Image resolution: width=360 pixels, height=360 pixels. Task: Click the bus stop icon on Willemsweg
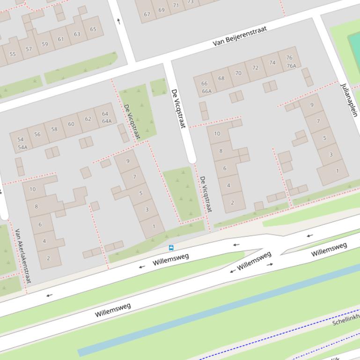[171, 247]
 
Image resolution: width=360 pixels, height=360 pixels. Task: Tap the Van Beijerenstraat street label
[240, 36]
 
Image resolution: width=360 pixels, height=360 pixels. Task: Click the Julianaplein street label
[349, 100]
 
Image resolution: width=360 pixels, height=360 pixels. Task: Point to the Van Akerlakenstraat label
[22, 256]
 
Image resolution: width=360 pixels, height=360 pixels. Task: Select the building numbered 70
[238, 73]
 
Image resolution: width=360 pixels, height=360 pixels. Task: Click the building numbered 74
[272, 62]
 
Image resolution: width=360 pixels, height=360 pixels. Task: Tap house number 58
[54, 129]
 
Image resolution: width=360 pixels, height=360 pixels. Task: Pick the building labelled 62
[88, 119]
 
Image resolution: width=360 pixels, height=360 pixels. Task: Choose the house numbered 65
[93, 29]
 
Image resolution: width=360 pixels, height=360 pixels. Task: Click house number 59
[45, 44]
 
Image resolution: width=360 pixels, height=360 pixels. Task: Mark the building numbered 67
[147, 14]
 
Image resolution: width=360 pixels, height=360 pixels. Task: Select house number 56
[37, 134]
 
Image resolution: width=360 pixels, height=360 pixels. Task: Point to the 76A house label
[291, 66]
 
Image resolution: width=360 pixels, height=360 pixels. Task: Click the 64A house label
[106, 121]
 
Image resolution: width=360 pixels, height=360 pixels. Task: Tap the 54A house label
[22, 147]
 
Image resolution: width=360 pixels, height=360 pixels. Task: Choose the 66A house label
[206, 91]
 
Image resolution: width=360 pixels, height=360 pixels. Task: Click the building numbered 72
[255, 68]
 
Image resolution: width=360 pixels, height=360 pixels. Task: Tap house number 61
[61, 39]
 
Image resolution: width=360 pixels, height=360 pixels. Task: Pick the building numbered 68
[221, 78]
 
